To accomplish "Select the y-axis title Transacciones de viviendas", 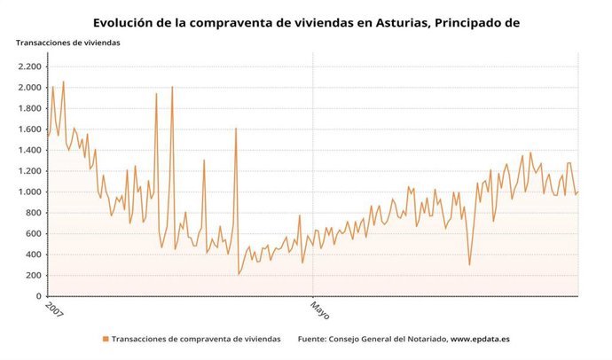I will pos(68,43).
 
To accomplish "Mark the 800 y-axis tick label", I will pos(33,213).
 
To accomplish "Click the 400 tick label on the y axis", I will pos(33,254).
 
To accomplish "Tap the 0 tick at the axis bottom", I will pos(38,296).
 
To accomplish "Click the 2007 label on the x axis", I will pos(55,312).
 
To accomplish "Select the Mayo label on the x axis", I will pos(318,311).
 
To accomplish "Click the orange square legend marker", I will pos(106,339).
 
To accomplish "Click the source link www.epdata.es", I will pos(480,339).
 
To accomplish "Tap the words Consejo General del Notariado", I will pos(387,339).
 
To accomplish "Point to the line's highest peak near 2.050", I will pos(63,82).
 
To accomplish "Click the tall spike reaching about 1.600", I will pos(236,129).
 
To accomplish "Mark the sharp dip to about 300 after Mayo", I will pos(469,264).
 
